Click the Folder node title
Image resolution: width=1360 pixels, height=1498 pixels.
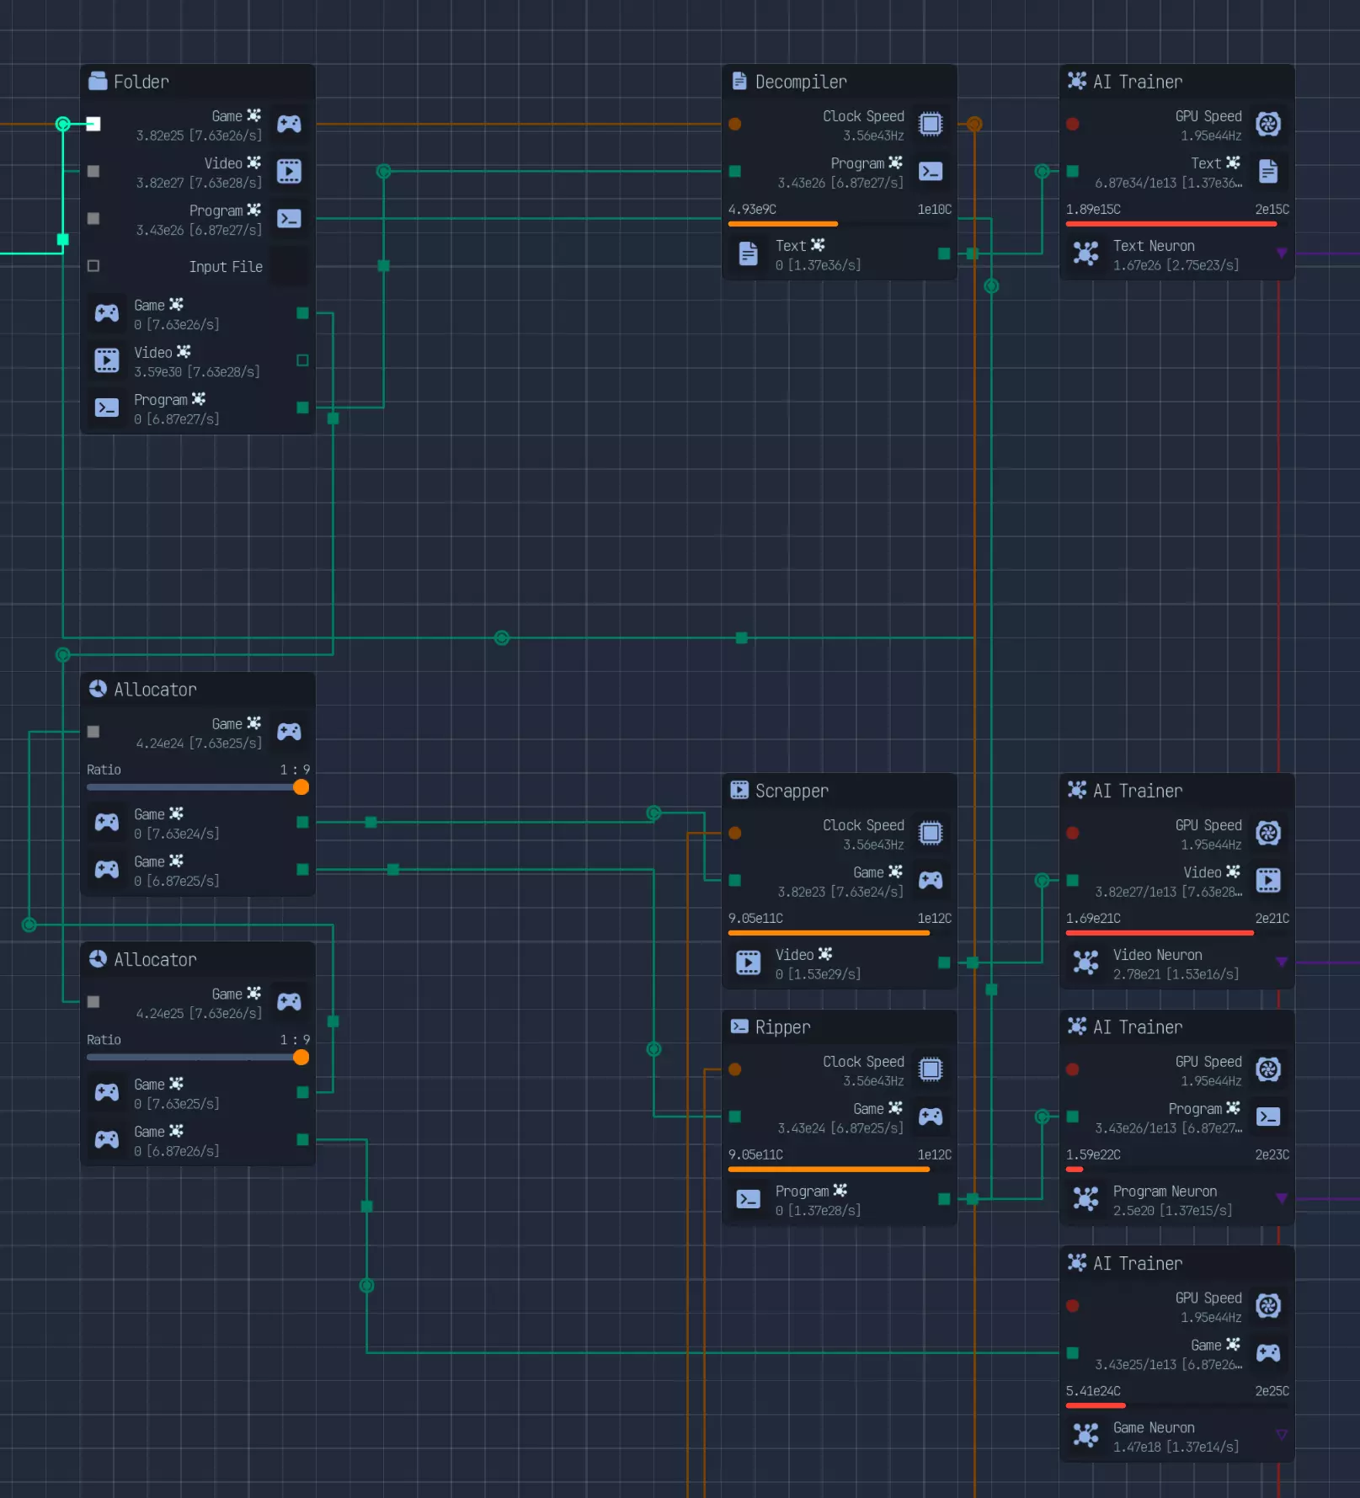click(141, 82)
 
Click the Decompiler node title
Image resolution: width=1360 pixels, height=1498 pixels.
click(800, 82)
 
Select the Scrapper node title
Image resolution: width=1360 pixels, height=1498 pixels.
click(791, 791)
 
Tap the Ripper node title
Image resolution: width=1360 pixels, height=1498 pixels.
click(782, 1027)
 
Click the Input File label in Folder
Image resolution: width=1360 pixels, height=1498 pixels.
click(226, 267)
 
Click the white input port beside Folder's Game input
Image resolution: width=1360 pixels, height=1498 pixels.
click(93, 125)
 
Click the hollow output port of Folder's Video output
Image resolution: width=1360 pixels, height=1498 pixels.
click(302, 360)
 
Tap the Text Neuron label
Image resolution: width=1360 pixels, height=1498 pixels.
click(1154, 246)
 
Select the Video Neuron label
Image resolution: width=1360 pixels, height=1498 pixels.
click(1157, 955)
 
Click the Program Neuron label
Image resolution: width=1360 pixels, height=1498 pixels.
click(1165, 1191)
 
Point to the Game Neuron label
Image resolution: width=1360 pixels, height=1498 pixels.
click(1154, 1428)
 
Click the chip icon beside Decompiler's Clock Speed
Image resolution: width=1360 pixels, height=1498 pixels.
click(931, 125)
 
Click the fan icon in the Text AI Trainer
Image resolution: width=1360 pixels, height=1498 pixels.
click(1268, 125)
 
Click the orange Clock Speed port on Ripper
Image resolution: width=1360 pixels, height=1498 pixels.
click(735, 1069)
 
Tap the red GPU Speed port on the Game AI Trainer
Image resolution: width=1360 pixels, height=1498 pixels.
click(1073, 1306)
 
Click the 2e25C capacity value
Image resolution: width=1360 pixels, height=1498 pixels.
click(1272, 1391)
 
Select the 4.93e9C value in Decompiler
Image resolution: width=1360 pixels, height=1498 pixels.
click(752, 210)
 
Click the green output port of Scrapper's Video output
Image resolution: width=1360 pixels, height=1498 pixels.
click(944, 962)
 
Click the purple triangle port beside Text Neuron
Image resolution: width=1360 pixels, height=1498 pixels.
click(1282, 253)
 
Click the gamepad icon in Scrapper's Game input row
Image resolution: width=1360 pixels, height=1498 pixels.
click(931, 881)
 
